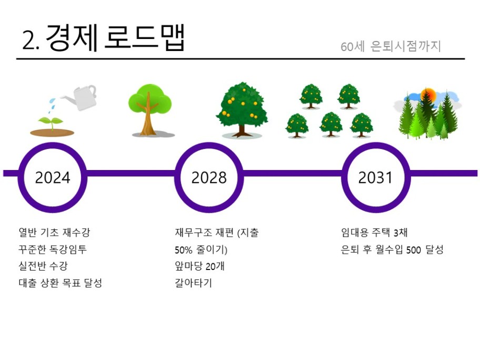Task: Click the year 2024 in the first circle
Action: pyautogui.click(x=53, y=178)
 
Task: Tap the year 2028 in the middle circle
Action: pyautogui.click(x=209, y=178)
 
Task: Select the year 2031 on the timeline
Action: pyautogui.click(x=375, y=178)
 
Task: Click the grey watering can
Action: pyautogui.click(x=80, y=97)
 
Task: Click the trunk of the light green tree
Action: pyautogui.click(x=148, y=118)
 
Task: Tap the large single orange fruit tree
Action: pyautogui.click(x=242, y=109)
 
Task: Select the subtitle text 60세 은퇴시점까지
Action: pyautogui.click(x=391, y=46)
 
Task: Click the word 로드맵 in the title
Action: pyautogui.click(x=145, y=38)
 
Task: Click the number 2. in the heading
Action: pyautogui.click(x=31, y=40)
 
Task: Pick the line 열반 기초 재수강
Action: pyautogui.click(x=54, y=232)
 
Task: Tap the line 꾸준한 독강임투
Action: pyautogui.click(x=53, y=249)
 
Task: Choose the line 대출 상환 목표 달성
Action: pyautogui.click(x=61, y=283)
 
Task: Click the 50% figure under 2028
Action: pyautogui.click(x=183, y=250)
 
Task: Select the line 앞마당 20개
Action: pyautogui.click(x=199, y=266)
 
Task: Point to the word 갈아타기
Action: pyautogui.click(x=193, y=283)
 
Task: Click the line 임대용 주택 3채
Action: pyautogui.click(x=374, y=232)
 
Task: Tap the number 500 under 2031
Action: pyautogui.click(x=414, y=250)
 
